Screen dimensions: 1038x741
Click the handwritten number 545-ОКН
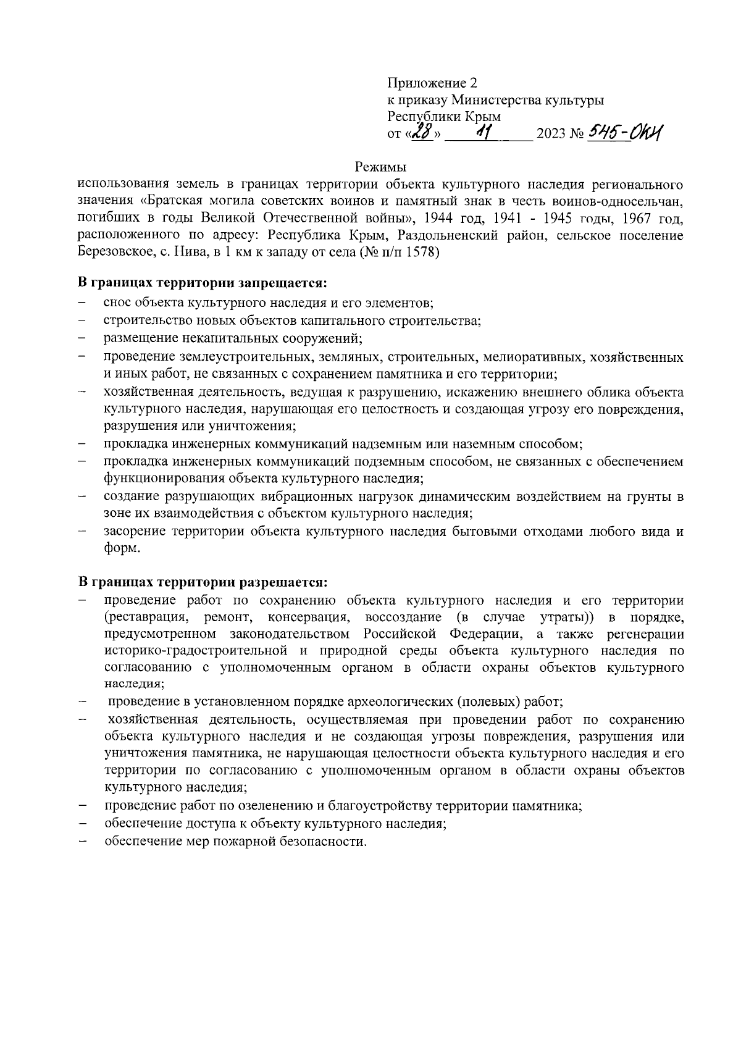coord(624,132)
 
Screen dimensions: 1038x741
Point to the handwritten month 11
coord(484,132)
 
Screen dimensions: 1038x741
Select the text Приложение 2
coord(432,83)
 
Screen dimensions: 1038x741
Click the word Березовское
coord(110,253)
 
